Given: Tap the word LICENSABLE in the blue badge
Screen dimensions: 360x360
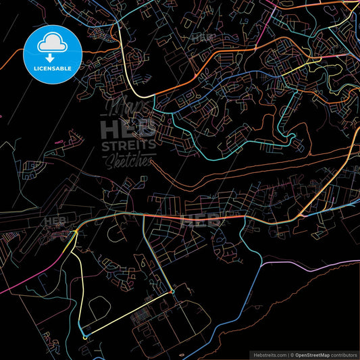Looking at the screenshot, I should pyautogui.click(x=52, y=67).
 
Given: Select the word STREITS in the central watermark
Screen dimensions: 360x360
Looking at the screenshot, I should pyautogui.click(x=128, y=145).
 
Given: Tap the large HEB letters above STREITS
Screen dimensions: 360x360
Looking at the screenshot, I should pyautogui.click(x=127, y=128).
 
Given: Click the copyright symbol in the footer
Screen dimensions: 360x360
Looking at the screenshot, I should pyautogui.click(x=289, y=354).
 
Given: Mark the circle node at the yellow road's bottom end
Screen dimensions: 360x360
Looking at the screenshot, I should pyautogui.click(x=84, y=336).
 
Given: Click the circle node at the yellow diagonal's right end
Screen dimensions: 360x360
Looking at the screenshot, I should pyautogui.click(x=172, y=292).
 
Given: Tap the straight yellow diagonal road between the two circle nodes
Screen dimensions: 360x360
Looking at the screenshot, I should pyautogui.click(x=128, y=314).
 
